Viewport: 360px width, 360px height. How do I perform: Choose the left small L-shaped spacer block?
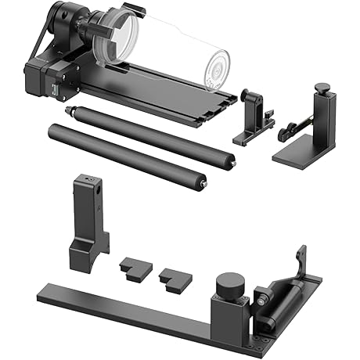coord(132,268)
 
